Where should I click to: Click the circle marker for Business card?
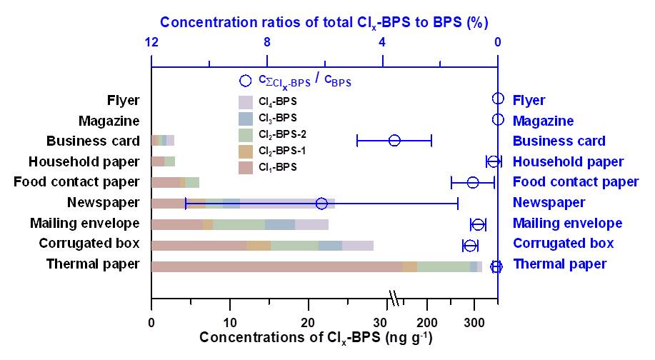pyautogui.click(x=394, y=140)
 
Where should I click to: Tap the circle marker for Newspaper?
pyautogui.click(x=321, y=204)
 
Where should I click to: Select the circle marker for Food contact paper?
pyautogui.click(x=473, y=182)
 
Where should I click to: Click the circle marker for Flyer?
pyautogui.click(x=498, y=99)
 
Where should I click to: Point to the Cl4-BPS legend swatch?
pyautogui.click(x=246, y=101)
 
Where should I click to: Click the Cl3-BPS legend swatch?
pyautogui.click(x=246, y=118)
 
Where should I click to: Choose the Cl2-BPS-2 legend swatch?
pyautogui.click(x=246, y=134)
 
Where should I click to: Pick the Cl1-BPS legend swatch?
pyautogui.click(x=246, y=167)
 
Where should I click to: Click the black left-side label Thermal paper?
pyautogui.click(x=93, y=264)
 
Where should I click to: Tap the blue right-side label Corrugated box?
pyautogui.click(x=563, y=244)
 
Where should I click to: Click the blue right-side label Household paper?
pyautogui.click(x=568, y=162)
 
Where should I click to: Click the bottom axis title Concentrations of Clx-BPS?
pyautogui.click(x=316, y=336)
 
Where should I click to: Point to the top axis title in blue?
pyautogui.click(x=324, y=22)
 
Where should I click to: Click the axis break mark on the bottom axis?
pyautogui.click(x=393, y=297)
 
